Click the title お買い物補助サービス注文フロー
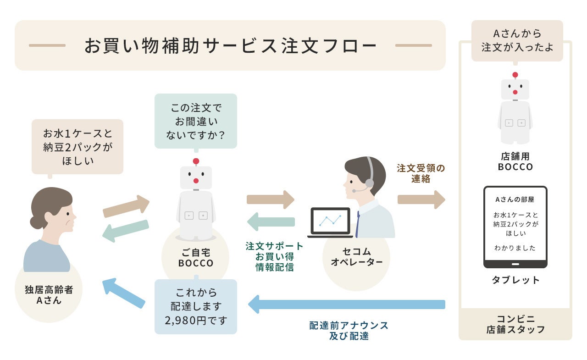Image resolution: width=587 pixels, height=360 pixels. (x=230, y=45)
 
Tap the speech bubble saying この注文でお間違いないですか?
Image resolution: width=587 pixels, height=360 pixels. (x=196, y=121)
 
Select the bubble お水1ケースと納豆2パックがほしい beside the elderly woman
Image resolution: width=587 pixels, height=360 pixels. (x=78, y=147)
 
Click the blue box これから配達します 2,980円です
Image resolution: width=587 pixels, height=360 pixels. (x=196, y=306)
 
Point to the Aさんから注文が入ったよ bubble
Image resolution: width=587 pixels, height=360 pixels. (x=517, y=40)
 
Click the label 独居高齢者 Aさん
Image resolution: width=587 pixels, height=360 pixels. (x=49, y=295)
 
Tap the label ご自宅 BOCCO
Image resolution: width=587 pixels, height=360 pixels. (x=196, y=257)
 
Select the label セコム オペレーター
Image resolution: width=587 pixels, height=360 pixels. (x=356, y=257)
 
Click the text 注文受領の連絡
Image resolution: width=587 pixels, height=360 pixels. (x=421, y=173)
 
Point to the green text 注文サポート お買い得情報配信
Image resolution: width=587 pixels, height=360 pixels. (x=274, y=256)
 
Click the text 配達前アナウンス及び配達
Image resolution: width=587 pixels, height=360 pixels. (x=349, y=330)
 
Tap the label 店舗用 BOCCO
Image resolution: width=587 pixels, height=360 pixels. (x=515, y=161)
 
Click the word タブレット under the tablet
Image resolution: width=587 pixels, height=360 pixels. (x=515, y=280)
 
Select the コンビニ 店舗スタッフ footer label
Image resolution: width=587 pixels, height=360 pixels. (x=515, y=324)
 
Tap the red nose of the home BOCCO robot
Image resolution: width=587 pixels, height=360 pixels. (x=196, y=181)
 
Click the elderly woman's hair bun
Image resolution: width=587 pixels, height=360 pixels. (x=37, y=222)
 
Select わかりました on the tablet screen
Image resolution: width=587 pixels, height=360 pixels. (x=515, y=248)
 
